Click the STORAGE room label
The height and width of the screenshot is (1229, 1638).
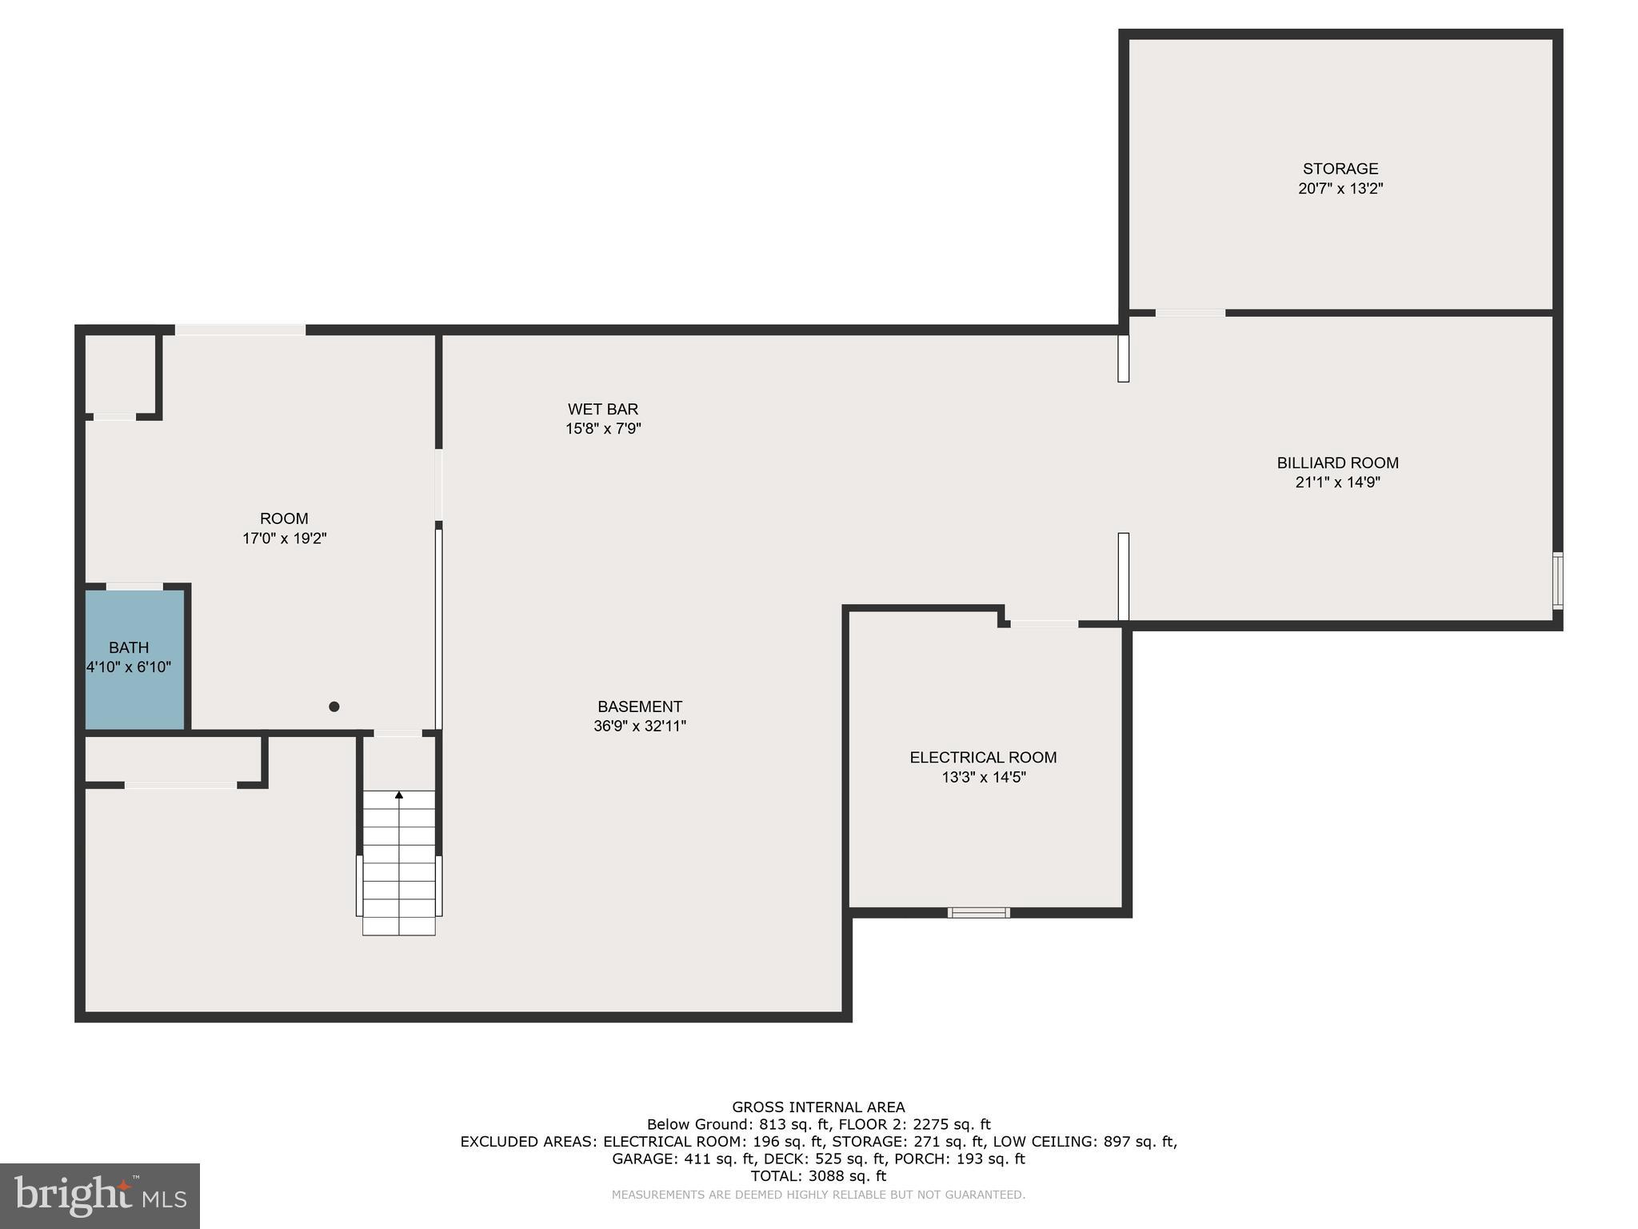[1340, 169]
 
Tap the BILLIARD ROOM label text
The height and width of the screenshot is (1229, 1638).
[1337, 462]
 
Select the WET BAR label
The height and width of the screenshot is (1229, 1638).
[603, 409]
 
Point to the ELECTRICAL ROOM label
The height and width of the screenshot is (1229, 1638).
[983, 757]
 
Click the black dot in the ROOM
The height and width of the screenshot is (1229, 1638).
[334, 707]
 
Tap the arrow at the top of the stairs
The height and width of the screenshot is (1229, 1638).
[399, 795]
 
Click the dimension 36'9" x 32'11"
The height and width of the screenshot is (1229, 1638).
[639, 727]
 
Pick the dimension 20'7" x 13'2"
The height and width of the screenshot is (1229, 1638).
[1340, 189]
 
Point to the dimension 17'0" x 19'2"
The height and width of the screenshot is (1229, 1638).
[284, 538]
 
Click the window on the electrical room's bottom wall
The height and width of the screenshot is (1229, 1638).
[978, 912]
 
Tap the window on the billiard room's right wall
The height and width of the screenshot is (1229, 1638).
[1557, 580]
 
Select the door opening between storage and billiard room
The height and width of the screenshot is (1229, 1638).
[1190, 313]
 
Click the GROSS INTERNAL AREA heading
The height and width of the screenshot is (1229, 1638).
[818, 1107]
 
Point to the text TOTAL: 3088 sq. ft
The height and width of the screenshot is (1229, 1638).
[818, 1176]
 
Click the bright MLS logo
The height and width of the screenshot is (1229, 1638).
[100, 1195]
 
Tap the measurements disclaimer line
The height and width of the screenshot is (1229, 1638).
[818, 1195]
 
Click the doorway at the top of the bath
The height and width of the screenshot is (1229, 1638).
[134, 586]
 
